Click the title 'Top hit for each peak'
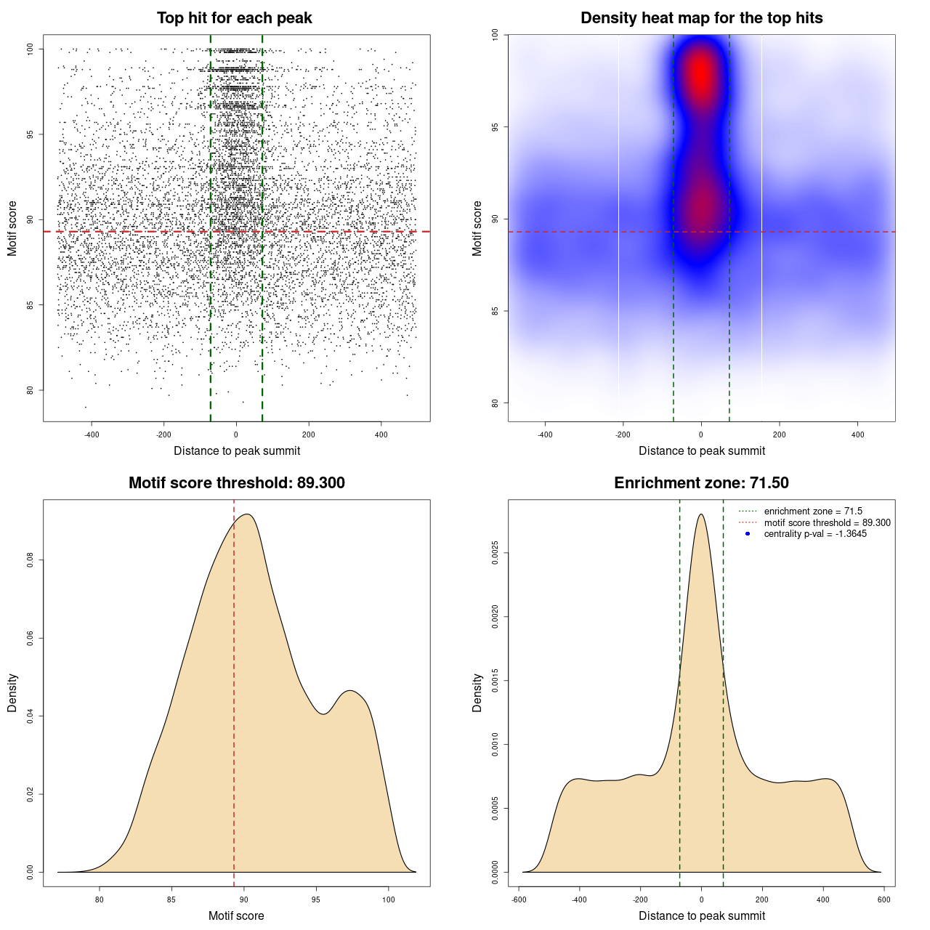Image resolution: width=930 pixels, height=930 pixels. coord(234,18)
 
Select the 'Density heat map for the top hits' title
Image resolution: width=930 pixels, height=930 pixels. coord(701,18)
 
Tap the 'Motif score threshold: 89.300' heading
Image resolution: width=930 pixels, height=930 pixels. coord(236,483)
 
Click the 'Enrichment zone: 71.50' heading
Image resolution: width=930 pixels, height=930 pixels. coord(701,483)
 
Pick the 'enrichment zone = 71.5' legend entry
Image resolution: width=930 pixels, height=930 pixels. coord(813,511)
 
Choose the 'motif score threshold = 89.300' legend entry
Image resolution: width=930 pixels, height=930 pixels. coord(827,522)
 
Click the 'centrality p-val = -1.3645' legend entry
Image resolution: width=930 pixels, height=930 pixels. coord(815,534)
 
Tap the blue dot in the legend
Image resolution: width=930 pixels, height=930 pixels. coord(748,534)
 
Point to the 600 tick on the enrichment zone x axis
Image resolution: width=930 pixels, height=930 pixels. coord(883,899)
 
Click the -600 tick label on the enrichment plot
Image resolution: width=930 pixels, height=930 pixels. coord(519,899)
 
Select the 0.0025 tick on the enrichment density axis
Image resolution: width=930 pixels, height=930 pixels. coord(496,553)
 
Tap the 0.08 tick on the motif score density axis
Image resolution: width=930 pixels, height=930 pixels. coord(30,560)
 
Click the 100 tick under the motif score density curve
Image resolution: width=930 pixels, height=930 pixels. coord(388,899)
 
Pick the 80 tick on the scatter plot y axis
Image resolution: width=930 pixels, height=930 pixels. coord(30,390)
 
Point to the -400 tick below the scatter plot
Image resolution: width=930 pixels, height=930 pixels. coord(92,434)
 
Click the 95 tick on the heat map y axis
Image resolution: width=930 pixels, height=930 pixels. coord(495,127)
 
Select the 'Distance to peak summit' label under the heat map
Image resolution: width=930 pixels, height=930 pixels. coord(701,450)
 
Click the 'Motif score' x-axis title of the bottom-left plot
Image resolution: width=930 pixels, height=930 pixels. coord(236,915)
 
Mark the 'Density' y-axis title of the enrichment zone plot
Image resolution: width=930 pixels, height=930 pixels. coord(477,692)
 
